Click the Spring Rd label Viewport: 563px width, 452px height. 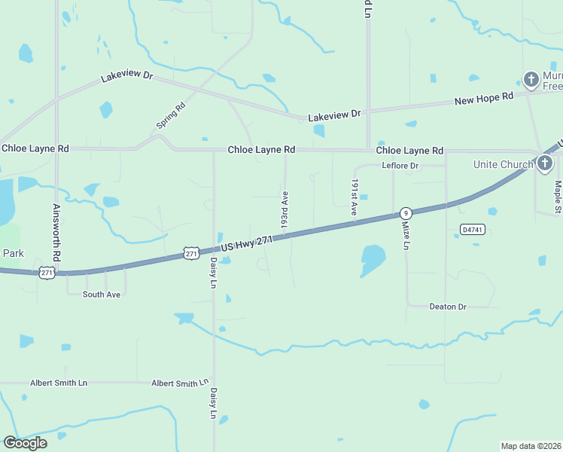coord(171,115)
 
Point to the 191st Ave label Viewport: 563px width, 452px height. coord(353,197)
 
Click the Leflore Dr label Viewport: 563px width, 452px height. coord(400,165)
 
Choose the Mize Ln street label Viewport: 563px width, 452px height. coord(406,235)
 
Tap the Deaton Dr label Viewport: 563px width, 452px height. coord(448,307)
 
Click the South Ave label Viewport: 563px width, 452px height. coord(102,295)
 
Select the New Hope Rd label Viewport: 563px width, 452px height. coord(483,99)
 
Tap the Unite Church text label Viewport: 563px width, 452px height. coord(504,164)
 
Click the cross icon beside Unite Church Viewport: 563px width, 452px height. coord(546,163)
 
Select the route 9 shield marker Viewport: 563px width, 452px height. coord(406,213)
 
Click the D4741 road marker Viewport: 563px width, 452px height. coord(471,228)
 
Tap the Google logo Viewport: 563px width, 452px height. coord(25,443)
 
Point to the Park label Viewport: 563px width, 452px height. coord(13,253)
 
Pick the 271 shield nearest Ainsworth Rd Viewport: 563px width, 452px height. coord(47,273)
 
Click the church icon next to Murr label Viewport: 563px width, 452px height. coord(531,79)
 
